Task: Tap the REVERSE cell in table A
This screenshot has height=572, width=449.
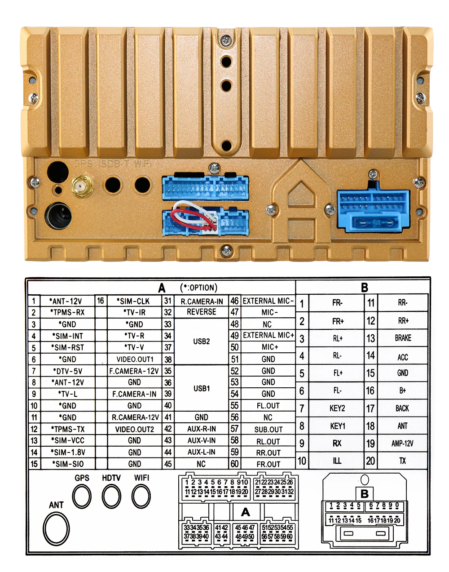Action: coord(201,312)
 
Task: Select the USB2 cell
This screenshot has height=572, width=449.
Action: coord(201,341)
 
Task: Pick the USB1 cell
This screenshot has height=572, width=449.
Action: coord(201,388)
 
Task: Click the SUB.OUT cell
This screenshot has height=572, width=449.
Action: coord(268,429)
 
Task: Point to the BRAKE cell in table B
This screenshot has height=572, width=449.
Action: coord(403,338)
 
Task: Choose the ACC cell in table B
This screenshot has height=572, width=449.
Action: coord(403,357)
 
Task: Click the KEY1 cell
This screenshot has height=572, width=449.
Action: coord(337,426)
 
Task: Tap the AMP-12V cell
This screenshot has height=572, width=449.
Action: coord(402,443)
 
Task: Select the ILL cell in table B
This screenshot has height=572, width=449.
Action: coord(337,461)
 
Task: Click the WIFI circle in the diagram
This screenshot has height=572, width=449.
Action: coord(141,497)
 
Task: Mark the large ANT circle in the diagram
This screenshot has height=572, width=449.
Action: coord(57,528)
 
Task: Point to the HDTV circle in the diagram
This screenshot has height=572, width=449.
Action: coord(111,497)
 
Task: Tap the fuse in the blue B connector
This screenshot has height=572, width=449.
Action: coord(374,222)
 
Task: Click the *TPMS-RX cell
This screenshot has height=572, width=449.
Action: coord(68,312)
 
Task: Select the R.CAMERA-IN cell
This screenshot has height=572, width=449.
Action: coord(201,301)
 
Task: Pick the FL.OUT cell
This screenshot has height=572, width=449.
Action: coord(268,406)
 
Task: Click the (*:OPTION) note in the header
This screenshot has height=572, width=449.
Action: coord(198,288)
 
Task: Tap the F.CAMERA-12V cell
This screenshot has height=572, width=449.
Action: coord(134,371)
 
